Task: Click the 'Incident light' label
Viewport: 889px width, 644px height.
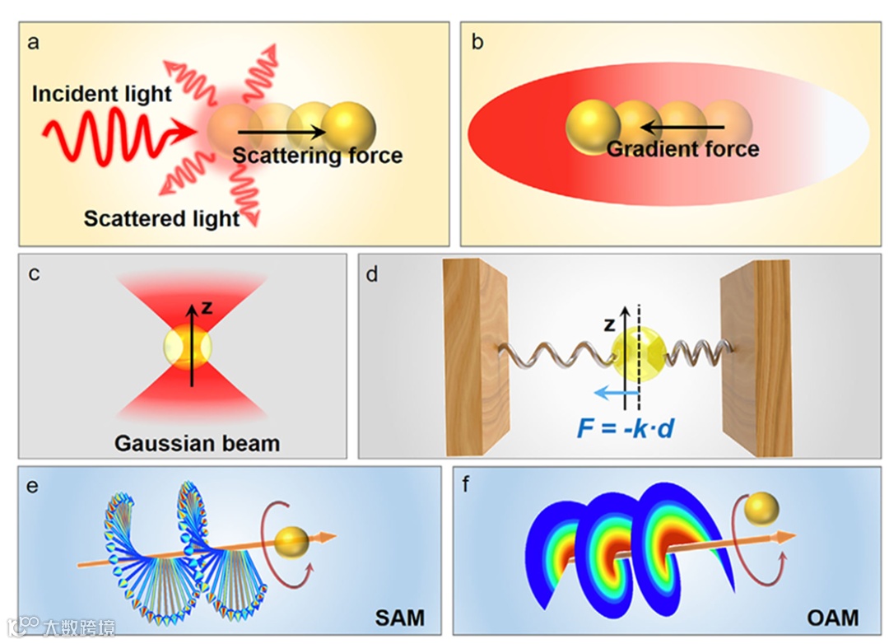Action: [102, 94]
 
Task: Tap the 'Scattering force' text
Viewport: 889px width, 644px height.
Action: [317, 155]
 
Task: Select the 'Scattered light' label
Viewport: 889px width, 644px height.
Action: [161, 218]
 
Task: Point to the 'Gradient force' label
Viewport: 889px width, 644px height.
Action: [682, 149]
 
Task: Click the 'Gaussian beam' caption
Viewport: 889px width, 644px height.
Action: [197, 443]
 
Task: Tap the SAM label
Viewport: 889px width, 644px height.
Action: [400, 617]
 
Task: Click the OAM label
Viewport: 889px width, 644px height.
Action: [832, 617]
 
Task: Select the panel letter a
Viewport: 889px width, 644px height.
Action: [35, 43]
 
